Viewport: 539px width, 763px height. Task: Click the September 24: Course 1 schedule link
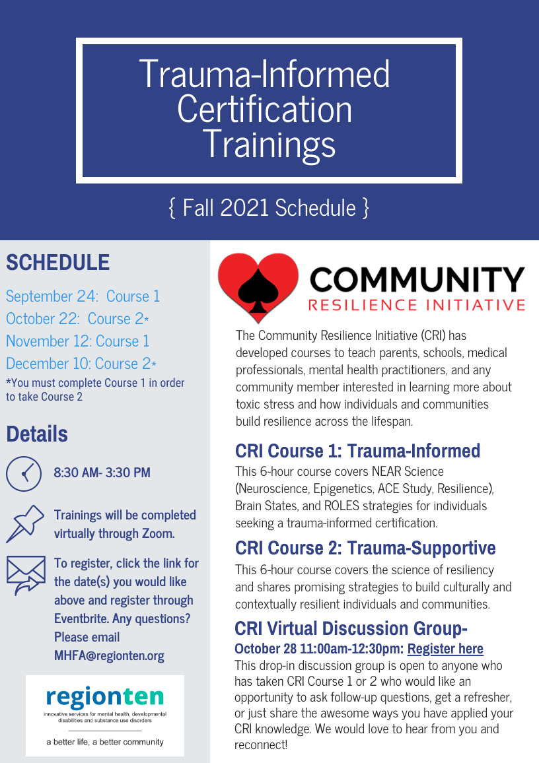[x=83, y=296]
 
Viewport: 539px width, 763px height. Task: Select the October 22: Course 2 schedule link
[x=77, y=319]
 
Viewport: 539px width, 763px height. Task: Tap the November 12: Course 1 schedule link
[x=77, y=341]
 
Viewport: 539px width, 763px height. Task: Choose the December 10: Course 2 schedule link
[x=81, y=364]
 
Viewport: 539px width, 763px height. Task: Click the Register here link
[x=445, y=649]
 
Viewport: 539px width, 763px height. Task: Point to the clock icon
[x=23, y=474]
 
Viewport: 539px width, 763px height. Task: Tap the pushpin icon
[x=25, y=523]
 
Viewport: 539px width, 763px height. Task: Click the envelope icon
[x=26, y=575]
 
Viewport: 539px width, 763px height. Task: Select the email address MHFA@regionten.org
[x=109, y=655]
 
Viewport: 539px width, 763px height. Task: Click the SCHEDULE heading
[x=58, y=262]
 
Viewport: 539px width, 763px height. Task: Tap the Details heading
[x=37, y=434]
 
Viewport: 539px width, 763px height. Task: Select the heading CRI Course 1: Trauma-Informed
[x=357, y=451]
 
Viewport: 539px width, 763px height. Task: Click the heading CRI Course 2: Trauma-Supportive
[x=365, y=548]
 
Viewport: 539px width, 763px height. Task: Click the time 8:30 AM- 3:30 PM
[x=102, y=473]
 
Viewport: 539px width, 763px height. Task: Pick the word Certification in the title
[x=264, y=109]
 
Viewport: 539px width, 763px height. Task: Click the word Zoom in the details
[x=158, y=533]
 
